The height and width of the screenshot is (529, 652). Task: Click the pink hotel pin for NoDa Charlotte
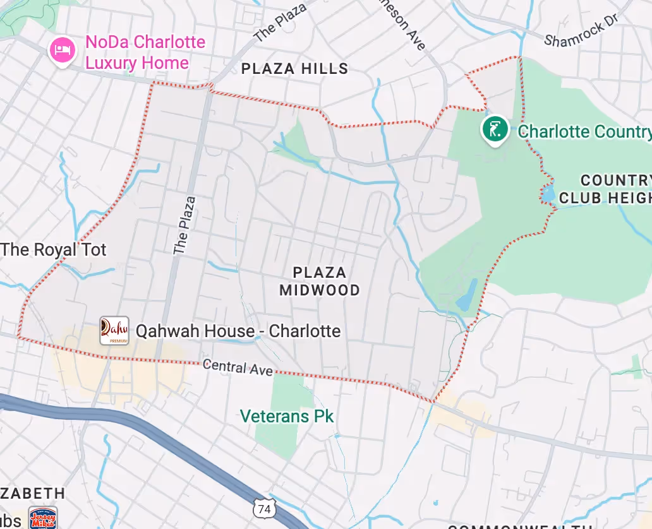tap(62, 50)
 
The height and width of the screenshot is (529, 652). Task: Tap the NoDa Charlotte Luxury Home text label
tap(145, 52)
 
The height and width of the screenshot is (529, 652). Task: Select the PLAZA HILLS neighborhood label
tap(294, 69)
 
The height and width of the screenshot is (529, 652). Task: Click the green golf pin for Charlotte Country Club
tap(495, 129)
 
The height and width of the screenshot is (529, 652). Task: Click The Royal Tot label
tap(53, 249)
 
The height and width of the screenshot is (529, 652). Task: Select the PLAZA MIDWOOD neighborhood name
tap(320, 282)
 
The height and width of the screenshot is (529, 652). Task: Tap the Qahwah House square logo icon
tap(114, 331)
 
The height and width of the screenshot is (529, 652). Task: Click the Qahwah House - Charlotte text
tap(238, 331)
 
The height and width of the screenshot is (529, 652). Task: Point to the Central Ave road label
tap(238, 367)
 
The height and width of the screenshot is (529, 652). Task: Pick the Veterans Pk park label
tap(287, 417)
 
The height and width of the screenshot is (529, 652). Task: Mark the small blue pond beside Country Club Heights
tap(547, 194)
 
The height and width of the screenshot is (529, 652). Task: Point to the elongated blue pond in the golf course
tap(467, 295)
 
